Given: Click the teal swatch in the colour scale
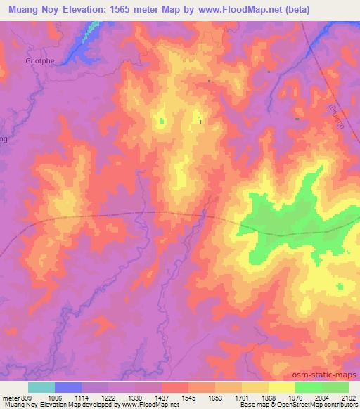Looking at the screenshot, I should tap(41, 387).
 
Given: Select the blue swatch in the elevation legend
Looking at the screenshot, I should tap(68, 387).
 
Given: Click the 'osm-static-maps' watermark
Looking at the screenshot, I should tap(328, 375).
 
